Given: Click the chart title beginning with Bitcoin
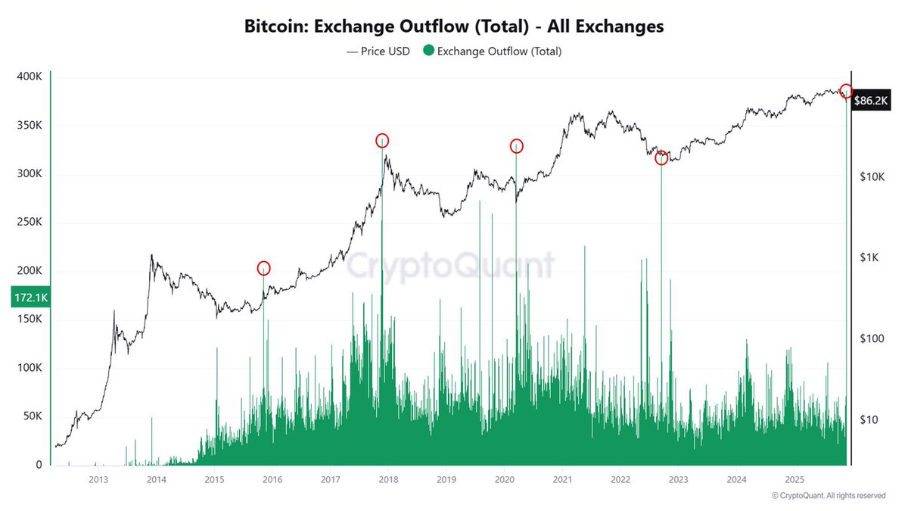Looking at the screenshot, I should tap(454, 26).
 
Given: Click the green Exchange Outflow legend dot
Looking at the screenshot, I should tap(428, 51).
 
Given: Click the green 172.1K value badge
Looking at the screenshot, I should tap(30, 298).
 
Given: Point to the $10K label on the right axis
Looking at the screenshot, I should tap(873, 176).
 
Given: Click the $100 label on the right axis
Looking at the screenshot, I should tap(872, 338).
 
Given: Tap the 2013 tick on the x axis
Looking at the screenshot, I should tap(98, 479).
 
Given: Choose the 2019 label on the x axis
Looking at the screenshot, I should tap(446, 479).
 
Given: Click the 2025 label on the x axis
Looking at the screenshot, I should tap(794, 479).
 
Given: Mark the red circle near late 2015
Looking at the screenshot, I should tap(263, 268).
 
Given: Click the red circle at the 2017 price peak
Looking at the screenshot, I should tap(382, 141).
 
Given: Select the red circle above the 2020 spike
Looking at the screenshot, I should tap(516, 145).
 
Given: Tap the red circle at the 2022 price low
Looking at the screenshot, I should tap(661, 158).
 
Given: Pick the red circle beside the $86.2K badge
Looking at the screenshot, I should tap(846, 91).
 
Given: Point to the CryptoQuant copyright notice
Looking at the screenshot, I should tap(829, 496).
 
